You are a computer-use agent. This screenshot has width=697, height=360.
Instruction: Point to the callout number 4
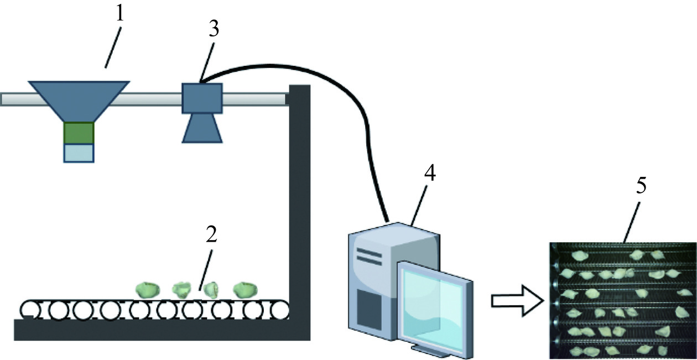click(429, 175)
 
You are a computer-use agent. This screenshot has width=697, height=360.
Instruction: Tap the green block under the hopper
click(79, 133)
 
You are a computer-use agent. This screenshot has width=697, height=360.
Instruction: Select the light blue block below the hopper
click(79, 152)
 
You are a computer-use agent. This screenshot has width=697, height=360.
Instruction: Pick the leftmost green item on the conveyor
click(147, 289)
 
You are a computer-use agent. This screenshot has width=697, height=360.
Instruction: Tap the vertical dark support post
click(299, 210)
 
